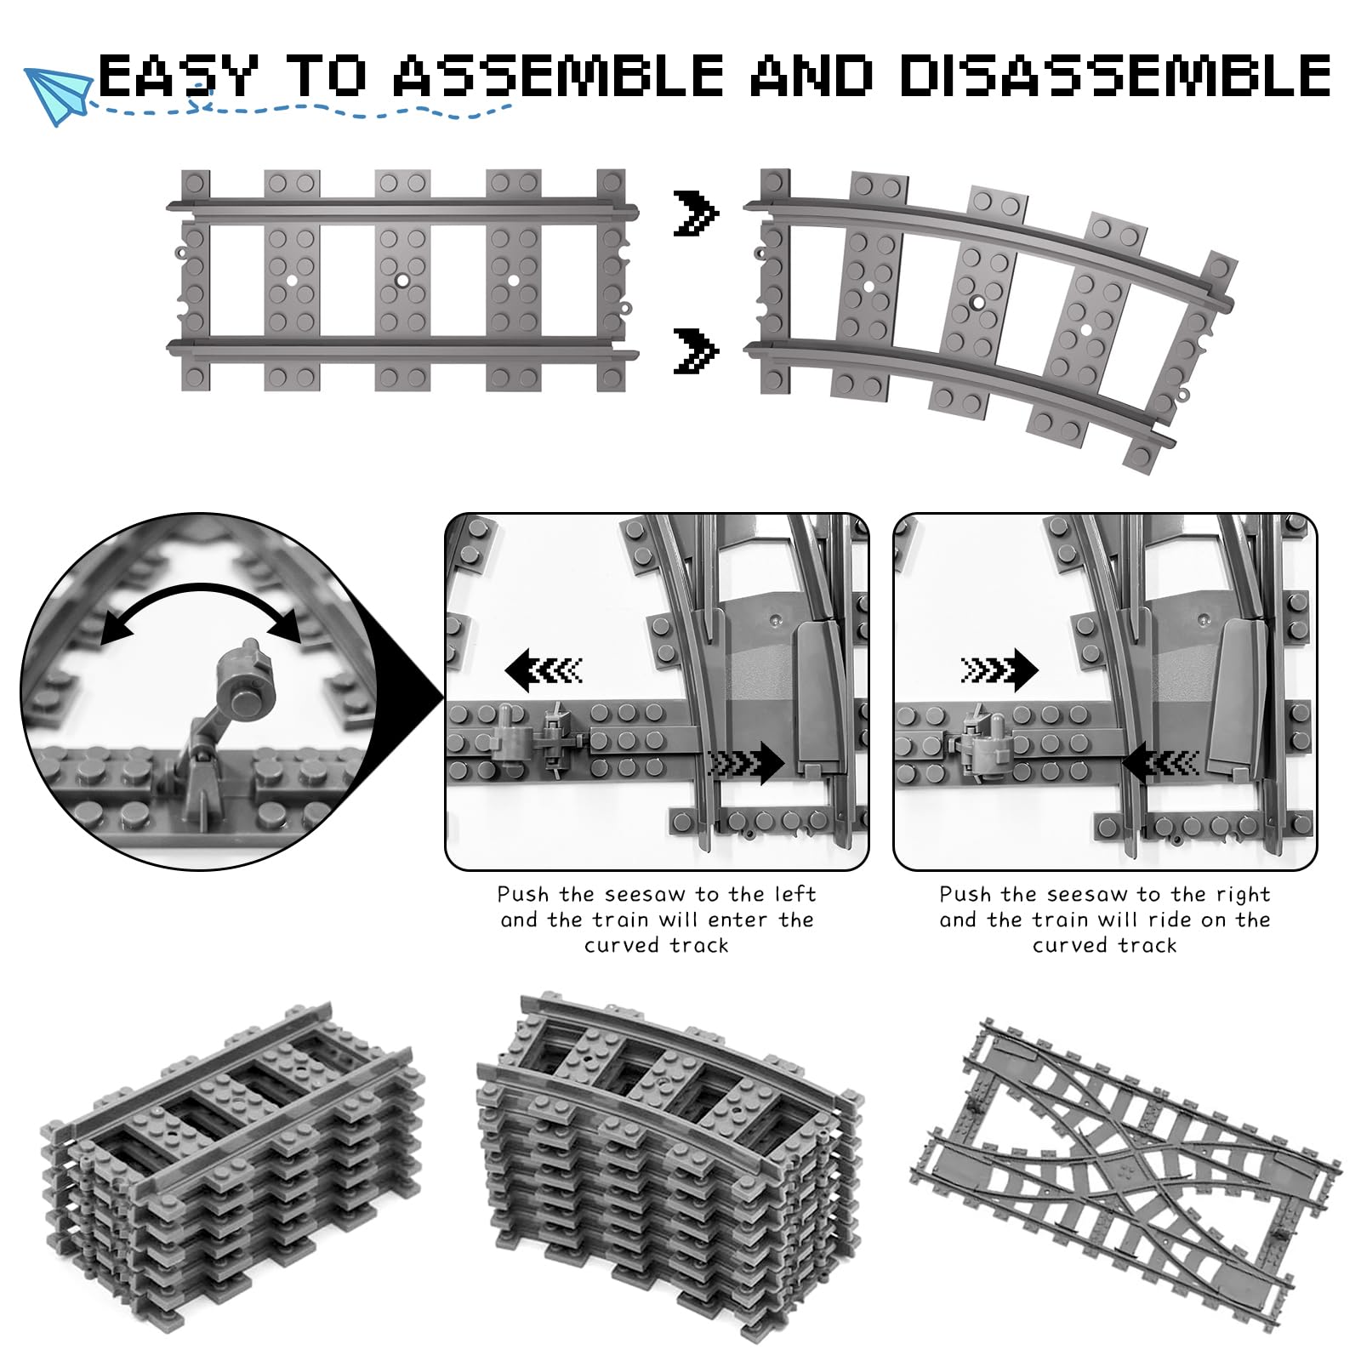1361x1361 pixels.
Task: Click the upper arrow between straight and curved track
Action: coord(696,214)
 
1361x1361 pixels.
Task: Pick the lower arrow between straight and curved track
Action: coord(696,350)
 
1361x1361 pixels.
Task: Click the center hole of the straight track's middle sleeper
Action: coord(401,279)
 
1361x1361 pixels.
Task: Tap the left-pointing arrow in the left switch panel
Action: coord(543,671)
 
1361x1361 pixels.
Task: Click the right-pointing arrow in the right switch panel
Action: coord(999,671)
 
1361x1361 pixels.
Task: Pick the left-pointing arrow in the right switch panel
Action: coord(1160,763)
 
